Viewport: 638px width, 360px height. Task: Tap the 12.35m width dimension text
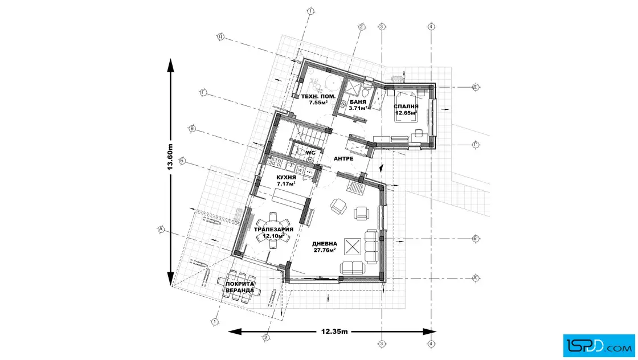pyautogui.click(x=334, y=331)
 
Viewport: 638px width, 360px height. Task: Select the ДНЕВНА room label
pyautogui.click(x=324, y=243)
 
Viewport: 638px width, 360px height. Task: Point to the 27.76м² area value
pyautogui.click(x=324, y=250)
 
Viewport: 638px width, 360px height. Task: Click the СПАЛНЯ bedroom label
pyautogui.click(x=406, y=107)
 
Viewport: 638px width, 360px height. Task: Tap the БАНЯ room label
pyautogui.click(x=358, y=101)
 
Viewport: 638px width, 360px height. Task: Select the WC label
pyautogui.click(x=310, y=153)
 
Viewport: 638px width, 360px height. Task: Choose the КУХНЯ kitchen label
pyautogui.click(x=286, y=178)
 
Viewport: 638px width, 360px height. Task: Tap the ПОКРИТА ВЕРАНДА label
pyautogui.click(x=240, y=287)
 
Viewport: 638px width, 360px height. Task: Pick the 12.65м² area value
pyautogui.click(x=406, y=113)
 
